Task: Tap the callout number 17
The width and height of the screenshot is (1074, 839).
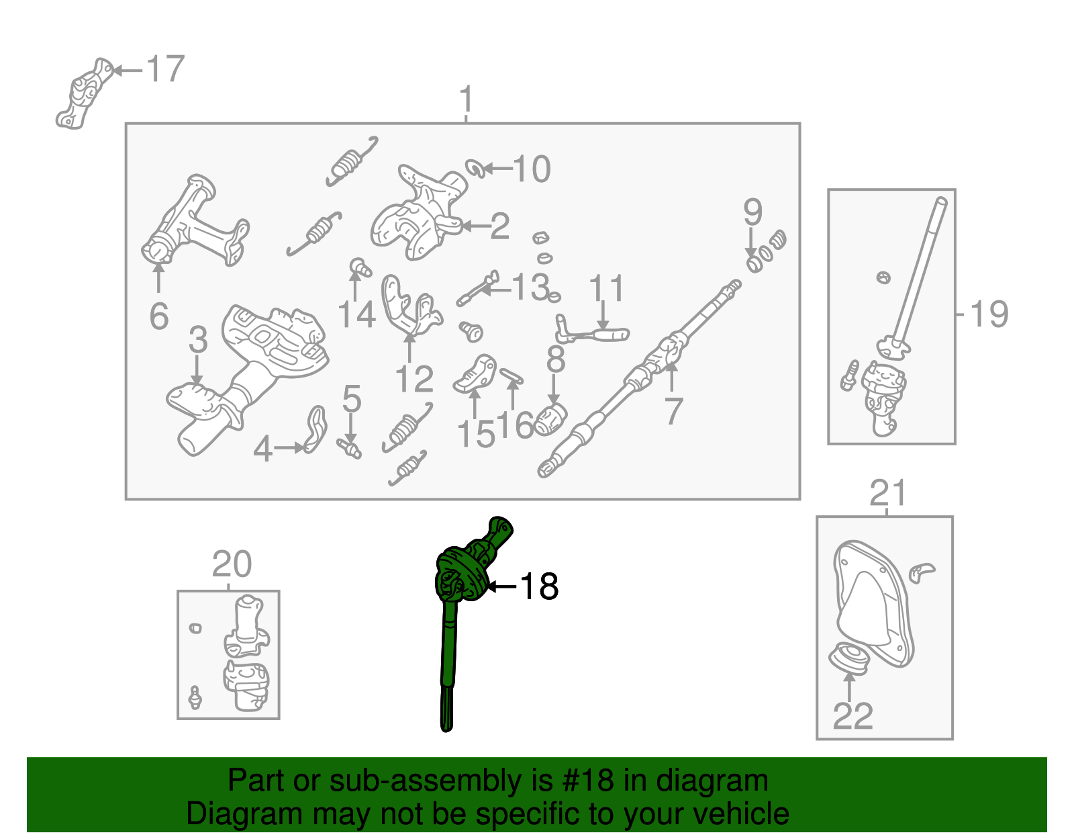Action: [x=165, y=69]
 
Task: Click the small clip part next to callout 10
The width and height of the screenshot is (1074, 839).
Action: [x=475, y=168]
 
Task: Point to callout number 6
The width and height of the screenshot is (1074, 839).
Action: [x=159, y=316]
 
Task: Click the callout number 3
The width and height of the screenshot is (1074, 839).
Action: [x=197, y=340]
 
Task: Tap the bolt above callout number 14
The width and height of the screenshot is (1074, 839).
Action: [x=360, y=267]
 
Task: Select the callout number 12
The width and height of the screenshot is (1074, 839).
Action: [x=414, y=380]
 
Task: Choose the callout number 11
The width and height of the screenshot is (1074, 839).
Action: [x=606, y=289]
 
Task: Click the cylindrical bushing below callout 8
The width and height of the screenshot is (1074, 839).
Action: [x=552, y=420]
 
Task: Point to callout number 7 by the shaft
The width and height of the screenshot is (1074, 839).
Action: [x=673, y=411]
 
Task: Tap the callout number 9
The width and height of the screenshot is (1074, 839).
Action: [x=752, y=212]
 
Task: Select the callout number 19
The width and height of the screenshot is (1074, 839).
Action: [x=989, y=314]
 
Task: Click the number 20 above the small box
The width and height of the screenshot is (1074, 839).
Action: [x=232, y=564]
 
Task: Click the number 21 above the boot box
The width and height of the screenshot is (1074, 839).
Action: [x=887, y=494]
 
